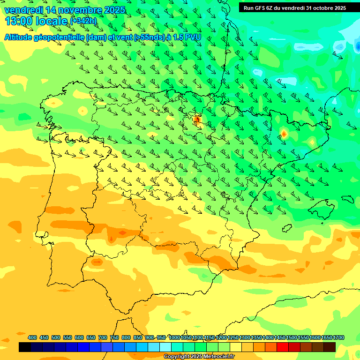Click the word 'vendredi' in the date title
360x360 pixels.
[x=23, y=10]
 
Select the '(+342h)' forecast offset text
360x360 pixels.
[x=83, y=21]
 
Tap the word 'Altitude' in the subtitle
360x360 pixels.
[x=21, y=37]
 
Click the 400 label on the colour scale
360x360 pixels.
[x=32, y=337]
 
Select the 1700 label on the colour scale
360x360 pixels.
[x=339, y=337]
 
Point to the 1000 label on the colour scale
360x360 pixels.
[x=174, y=337]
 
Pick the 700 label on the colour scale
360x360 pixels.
[x=103, y=337]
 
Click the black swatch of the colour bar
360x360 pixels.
[x=25, y=347]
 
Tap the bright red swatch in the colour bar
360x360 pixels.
[x=283, y=347]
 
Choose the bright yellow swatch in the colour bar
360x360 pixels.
[x=236, y=347]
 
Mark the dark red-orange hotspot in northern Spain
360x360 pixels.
[x=197, y=120]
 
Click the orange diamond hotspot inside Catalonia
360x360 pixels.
[x=284, y=134]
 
